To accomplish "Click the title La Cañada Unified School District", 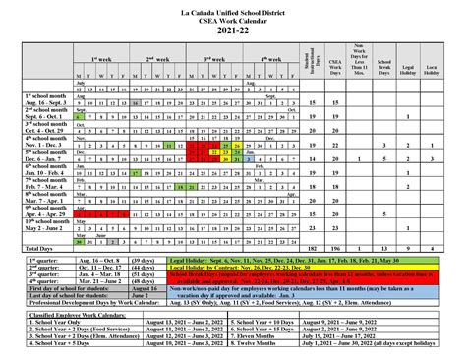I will tap(233, 7).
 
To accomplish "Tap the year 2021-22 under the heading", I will tap(233, 32).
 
